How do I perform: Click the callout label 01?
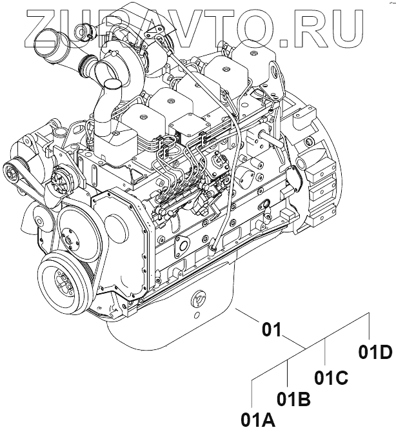click(272, 331)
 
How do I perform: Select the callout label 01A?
click(258, 420)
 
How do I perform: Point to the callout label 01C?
click(332, 376)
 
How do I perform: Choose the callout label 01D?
click(375, 352)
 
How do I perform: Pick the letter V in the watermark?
click(202, 26)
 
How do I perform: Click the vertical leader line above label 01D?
click(369, 326)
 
